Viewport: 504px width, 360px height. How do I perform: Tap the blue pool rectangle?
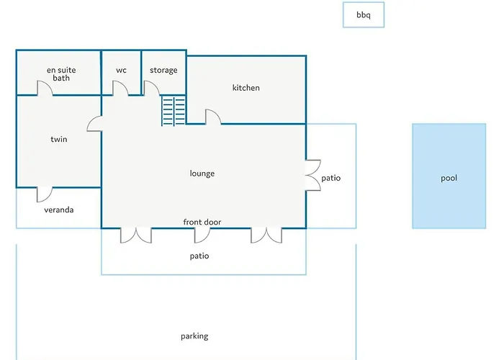(449, 176)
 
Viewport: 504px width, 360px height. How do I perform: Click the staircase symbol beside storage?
(174, 111)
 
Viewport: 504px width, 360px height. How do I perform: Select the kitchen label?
(246, 88)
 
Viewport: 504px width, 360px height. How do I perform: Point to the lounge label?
(202, 174)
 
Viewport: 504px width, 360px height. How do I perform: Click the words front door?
(202, 222)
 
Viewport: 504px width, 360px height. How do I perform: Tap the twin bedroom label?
(59, 139)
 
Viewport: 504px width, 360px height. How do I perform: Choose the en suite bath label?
(61, 74)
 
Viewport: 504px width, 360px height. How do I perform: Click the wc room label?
(121, 71)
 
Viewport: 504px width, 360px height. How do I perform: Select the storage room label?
(163, 71)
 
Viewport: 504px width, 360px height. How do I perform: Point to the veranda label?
(59, 210)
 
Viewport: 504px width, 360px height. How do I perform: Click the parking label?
(194, 336)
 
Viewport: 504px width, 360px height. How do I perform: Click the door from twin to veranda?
(48, 198)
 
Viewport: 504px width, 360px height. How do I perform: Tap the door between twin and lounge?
(91, 120)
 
